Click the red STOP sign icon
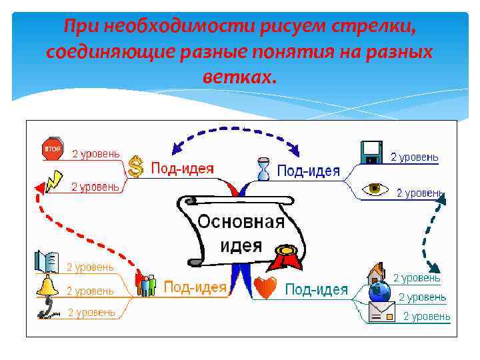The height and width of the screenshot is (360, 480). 52,148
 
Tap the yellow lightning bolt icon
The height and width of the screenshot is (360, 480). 54,179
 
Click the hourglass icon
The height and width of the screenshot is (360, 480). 264,169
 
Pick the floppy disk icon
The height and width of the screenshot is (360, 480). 371,152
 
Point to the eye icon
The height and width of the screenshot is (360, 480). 375,189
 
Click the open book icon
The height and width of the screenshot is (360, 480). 47,261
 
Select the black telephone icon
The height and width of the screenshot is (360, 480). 47,308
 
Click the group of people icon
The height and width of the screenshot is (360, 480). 146,285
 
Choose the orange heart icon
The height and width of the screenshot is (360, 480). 265,289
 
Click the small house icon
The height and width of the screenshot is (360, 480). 376,273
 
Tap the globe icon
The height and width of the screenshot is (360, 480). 379,291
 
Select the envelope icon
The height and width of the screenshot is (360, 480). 380,312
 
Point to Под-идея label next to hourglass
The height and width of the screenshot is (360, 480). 308,171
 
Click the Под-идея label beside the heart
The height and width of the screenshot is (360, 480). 316,289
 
